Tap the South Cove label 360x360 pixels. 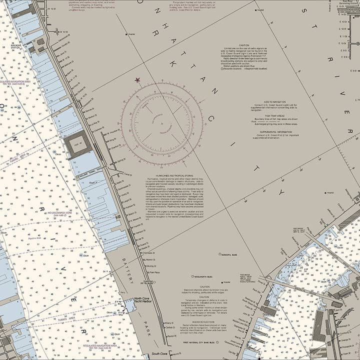(x=159, y=353)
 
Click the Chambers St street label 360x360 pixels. (x=148, y=253)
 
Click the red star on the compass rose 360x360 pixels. (x=137, y=79)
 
